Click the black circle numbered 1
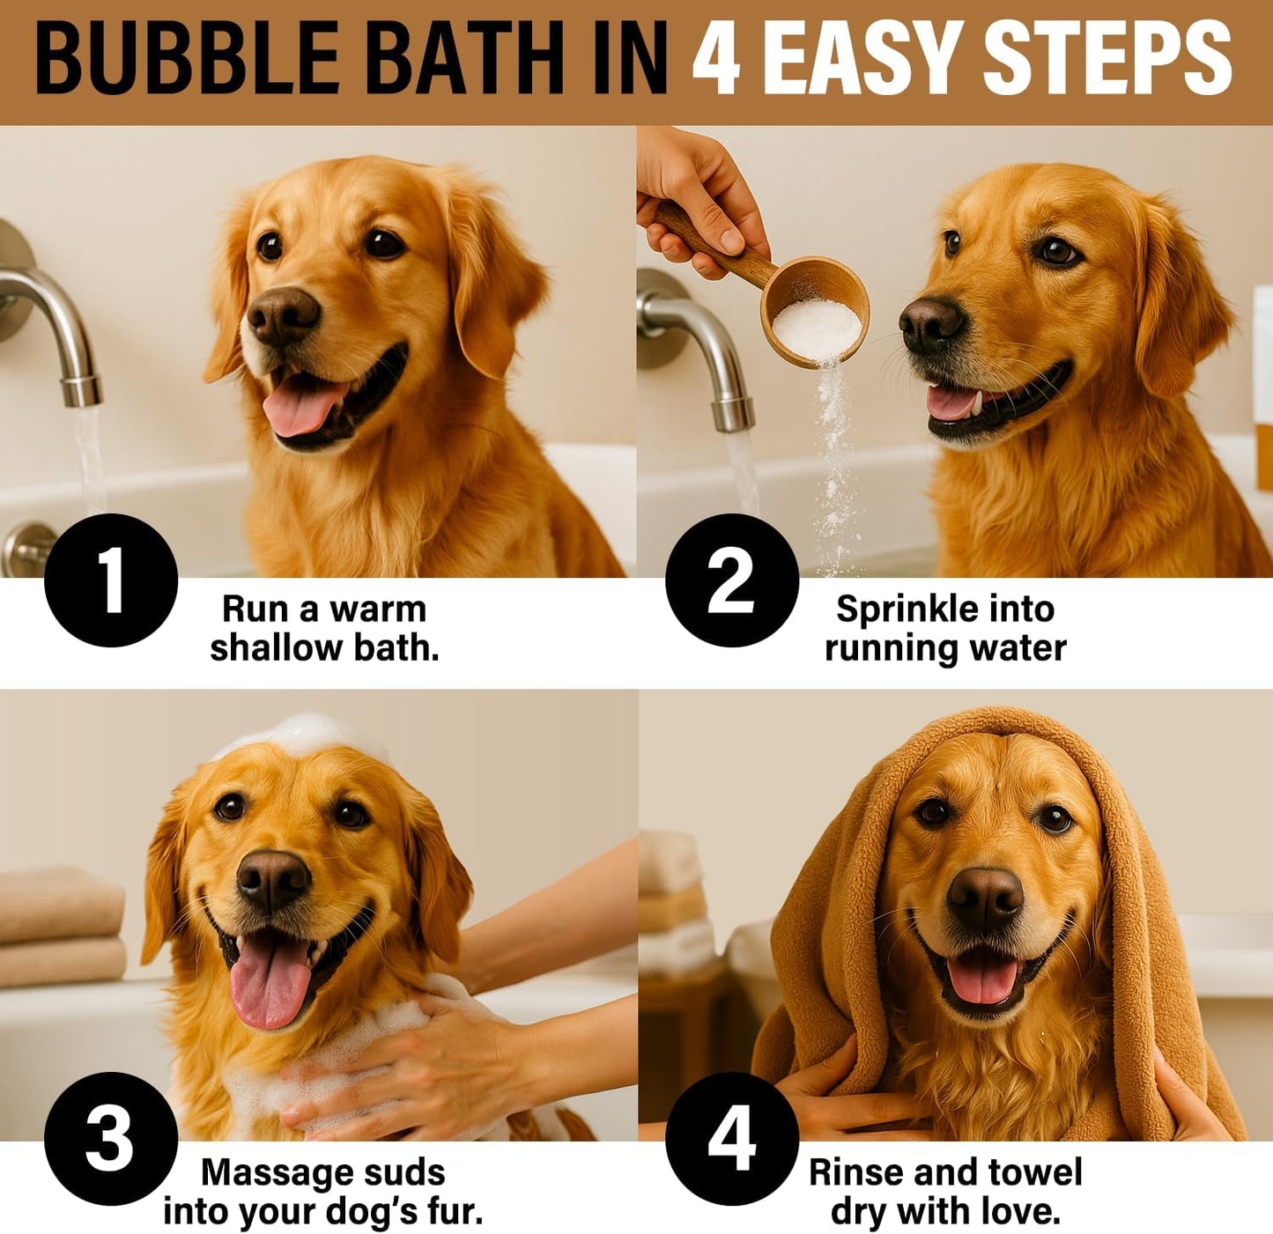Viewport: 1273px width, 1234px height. tap(111, 580)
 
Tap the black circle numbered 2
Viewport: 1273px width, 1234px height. tap(731, 580)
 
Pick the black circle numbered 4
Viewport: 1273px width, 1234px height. tap(731, 1138)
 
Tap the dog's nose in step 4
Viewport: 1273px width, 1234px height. tap(985, 898)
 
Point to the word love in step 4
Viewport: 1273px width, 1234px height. tap(1023, 1212)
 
